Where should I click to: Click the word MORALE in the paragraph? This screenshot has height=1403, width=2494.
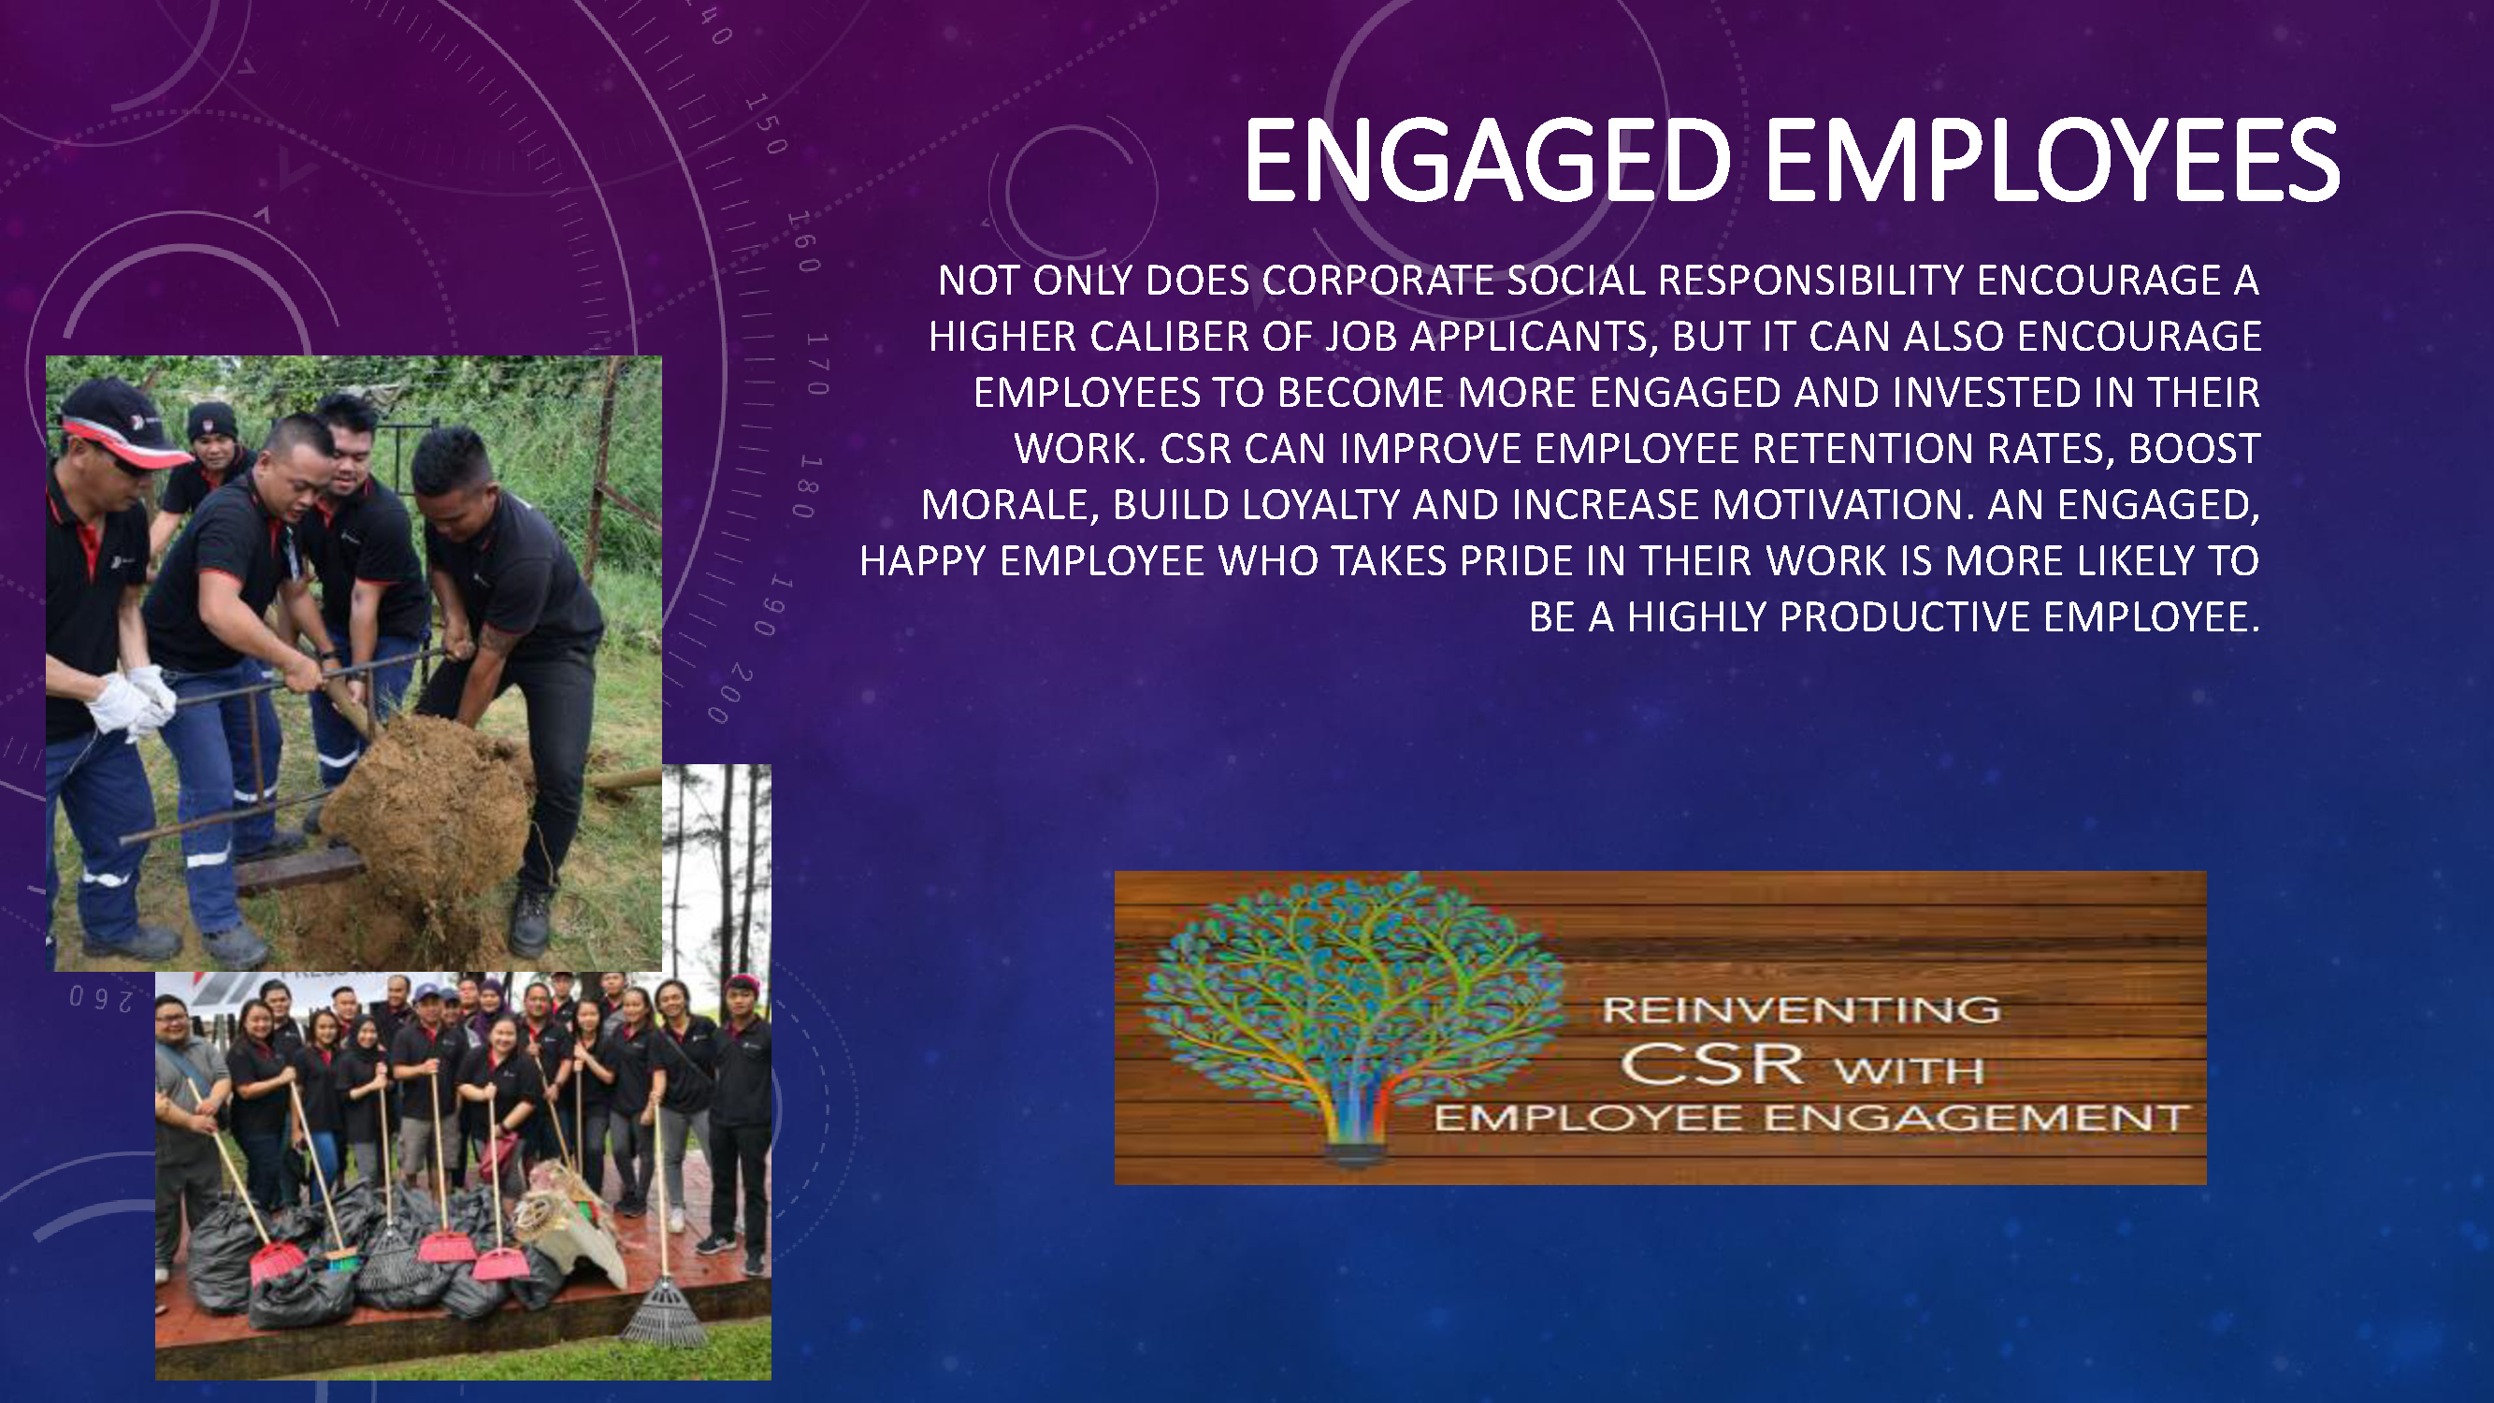point(1008,505)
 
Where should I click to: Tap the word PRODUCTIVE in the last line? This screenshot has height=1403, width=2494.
point(1904,617)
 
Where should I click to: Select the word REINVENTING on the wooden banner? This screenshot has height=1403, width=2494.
point(1801,1010)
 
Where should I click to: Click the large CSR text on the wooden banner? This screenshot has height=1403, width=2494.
point(1711,1064)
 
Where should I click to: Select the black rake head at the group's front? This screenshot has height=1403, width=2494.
point(664,1313)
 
